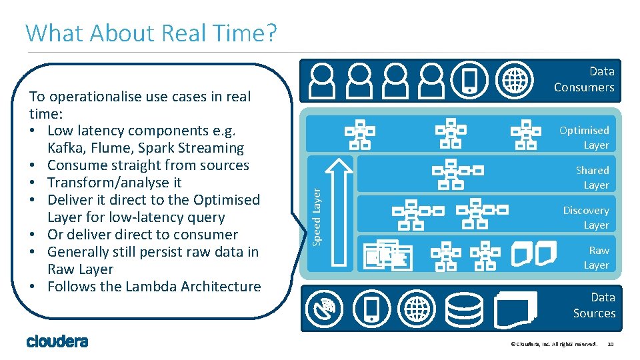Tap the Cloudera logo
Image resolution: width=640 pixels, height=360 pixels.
click(57, 341)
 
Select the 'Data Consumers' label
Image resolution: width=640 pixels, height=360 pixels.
click(584, 79)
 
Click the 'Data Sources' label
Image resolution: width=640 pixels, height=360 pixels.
click(594, 305)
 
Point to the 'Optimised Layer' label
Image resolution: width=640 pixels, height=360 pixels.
click(584, 137)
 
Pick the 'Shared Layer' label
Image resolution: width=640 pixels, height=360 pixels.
click(592, 177)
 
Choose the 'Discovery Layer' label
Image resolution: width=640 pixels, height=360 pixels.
click(586, 217)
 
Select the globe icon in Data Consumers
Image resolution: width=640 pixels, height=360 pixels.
click(515, 80)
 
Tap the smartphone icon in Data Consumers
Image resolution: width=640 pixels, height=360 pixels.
click(469, 80)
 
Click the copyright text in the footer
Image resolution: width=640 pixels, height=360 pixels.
click(553, 344)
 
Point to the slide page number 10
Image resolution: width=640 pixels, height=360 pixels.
click(611, 344)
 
